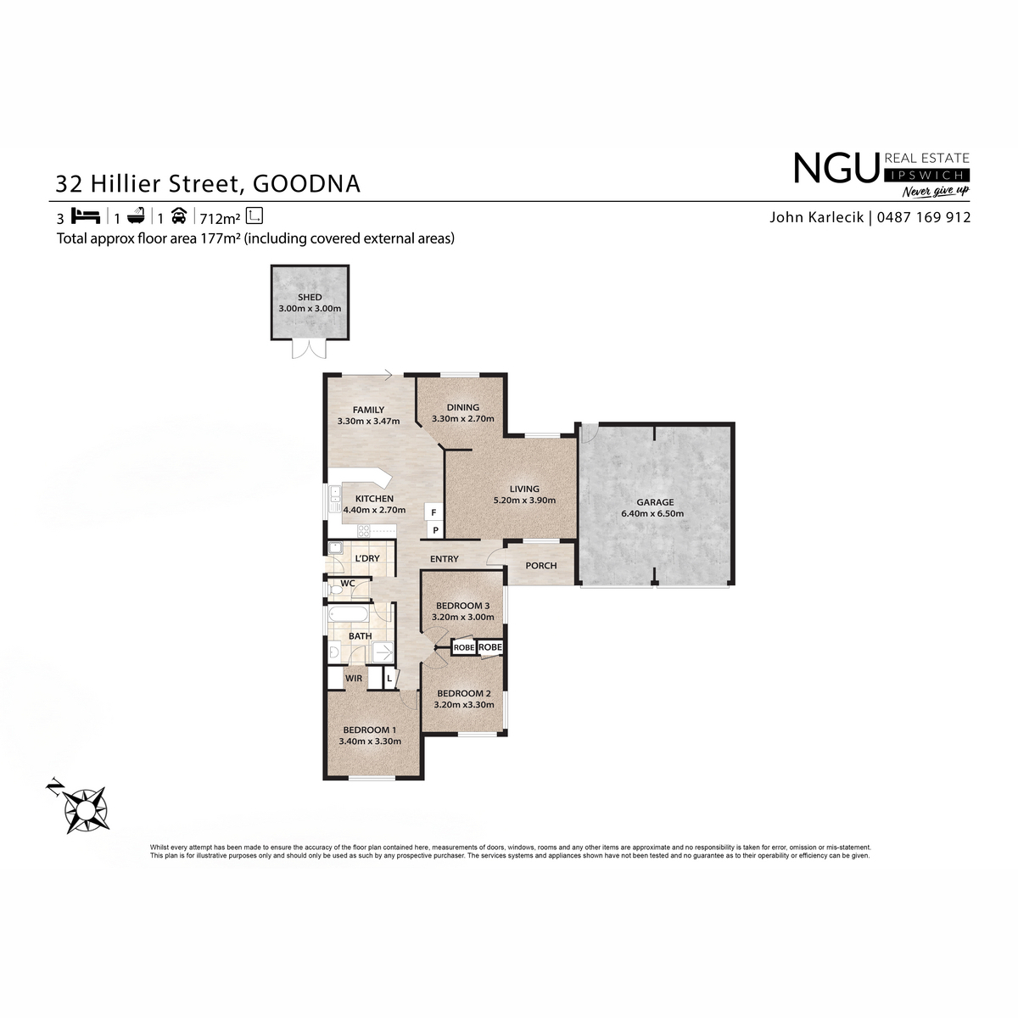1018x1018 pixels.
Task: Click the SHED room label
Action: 310,298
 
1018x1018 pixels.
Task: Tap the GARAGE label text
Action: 655,502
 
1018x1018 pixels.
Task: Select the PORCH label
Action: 541,566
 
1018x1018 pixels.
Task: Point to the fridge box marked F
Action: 433,512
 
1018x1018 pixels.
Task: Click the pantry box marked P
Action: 435,530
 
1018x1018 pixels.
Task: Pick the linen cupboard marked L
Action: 389,679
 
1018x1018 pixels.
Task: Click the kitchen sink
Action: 335,499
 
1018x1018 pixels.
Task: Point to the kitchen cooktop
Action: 365,530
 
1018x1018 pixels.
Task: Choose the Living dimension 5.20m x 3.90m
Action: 524,500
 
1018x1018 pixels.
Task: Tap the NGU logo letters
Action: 836,167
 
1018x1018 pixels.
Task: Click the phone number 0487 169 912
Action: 924,217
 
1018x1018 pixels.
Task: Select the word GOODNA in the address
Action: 306,184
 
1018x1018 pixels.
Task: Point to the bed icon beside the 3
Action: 86,216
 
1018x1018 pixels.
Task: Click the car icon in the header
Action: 179,216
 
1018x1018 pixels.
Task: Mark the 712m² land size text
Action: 220,218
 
